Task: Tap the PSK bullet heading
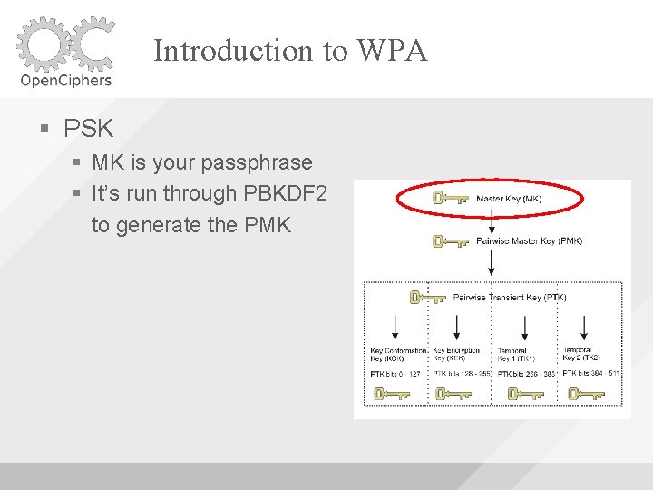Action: click(x=88, y=128)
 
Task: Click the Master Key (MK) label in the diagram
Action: click(x=510, y=199)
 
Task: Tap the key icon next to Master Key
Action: click(x=450, y=199)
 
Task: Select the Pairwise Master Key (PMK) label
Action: click(x=529, y=241)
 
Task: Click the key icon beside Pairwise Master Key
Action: click(x=450, y=241)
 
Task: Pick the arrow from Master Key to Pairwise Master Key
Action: click(x=492, y=220)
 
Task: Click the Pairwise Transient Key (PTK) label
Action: click(x=510, y=297)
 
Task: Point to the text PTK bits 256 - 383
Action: click(x=525, y=374)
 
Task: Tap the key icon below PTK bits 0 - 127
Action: click(x=392, y=395)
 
